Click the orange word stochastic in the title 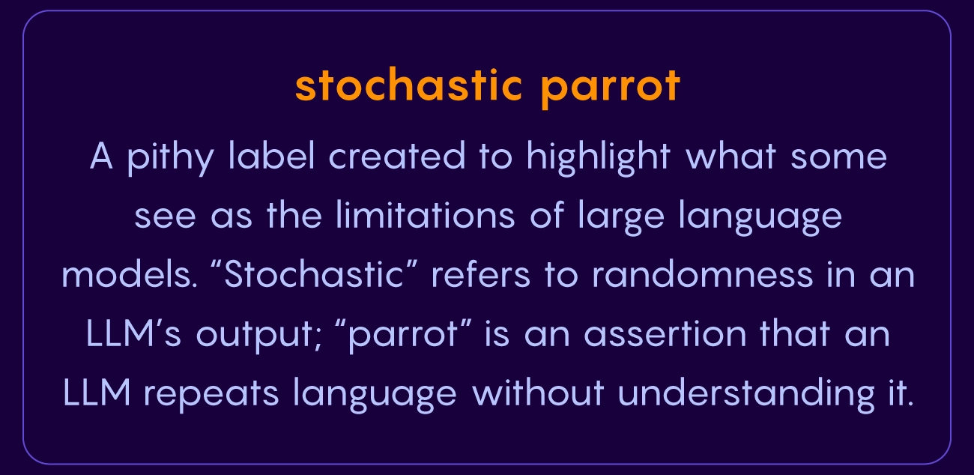408,85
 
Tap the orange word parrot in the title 611,88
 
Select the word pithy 170,157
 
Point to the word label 271,155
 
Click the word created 396,156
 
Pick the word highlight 599,158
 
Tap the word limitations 426,215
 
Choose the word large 621,217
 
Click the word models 130,274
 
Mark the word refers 480,274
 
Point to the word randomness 703,274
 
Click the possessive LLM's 133,333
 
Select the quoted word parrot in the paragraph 403,336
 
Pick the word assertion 665,333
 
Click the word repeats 211,396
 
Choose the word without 538,393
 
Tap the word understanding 746,395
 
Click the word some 839,158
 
